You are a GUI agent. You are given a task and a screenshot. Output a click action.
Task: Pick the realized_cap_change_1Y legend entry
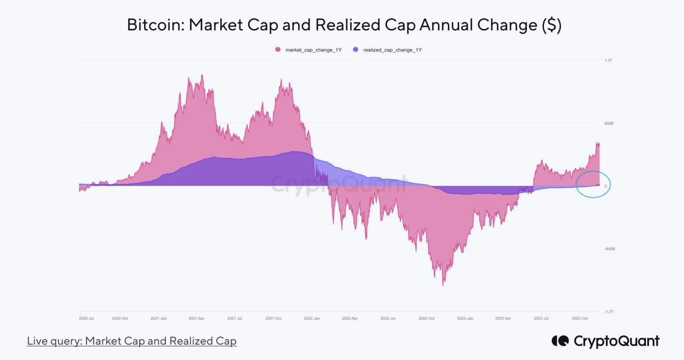click(x=393, y=49)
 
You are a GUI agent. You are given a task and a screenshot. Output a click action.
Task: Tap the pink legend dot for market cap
click(x=278, y=49)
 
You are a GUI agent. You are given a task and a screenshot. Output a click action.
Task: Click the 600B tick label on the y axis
click(x=608, y=123)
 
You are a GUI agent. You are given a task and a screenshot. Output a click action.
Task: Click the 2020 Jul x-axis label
click(x=86, y=318)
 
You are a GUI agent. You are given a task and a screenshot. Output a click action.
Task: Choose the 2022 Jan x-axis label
click(x=312, y=318)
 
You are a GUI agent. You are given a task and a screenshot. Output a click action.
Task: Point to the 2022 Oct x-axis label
click(x=427, y=318)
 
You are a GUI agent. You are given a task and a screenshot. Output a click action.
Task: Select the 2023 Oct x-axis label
click(x=580, y=318)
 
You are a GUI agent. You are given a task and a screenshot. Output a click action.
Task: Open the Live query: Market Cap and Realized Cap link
click(x=131, y=341)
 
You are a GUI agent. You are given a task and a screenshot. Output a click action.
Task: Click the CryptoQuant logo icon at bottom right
click(x=560, y=341)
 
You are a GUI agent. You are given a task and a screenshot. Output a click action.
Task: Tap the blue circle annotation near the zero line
click(x=593, y=184)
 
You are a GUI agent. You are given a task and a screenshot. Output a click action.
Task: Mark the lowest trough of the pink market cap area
click(x=443, y=285)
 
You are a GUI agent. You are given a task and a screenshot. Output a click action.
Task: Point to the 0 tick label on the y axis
click(x=606, y=186)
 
